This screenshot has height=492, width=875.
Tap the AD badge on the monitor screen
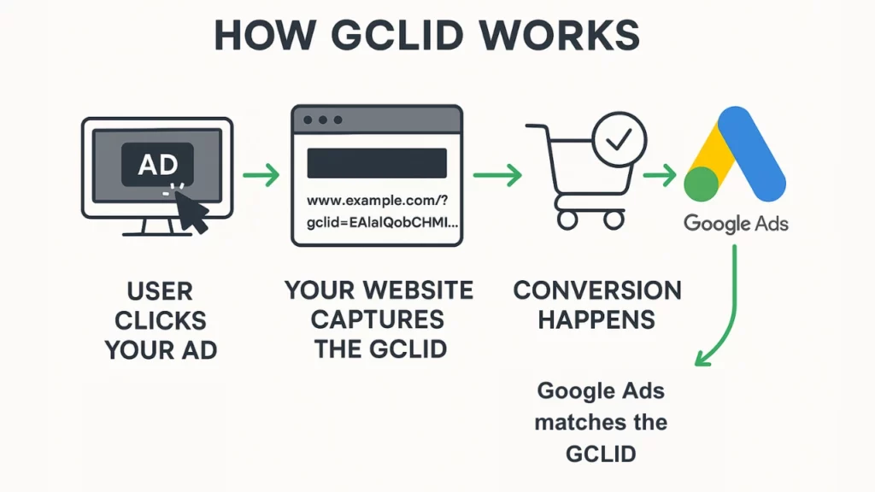157,164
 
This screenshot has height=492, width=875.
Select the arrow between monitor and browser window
261,175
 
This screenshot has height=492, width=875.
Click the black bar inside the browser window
377,163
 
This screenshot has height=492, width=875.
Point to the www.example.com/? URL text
377,200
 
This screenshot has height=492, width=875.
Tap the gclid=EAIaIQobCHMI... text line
382,223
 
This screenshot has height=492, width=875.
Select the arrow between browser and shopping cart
497,175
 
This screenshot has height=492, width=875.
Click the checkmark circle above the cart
619,139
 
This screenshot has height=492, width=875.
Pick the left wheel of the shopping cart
567,220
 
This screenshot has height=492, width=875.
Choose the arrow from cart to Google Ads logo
660,175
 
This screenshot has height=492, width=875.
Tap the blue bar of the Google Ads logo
752,154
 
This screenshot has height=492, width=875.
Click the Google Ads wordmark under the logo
736,224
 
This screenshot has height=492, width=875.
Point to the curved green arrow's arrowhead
702,358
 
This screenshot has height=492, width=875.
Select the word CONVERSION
597,290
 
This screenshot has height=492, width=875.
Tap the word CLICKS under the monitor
161,321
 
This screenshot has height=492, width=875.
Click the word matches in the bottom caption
576,422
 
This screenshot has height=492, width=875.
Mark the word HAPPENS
596,320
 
